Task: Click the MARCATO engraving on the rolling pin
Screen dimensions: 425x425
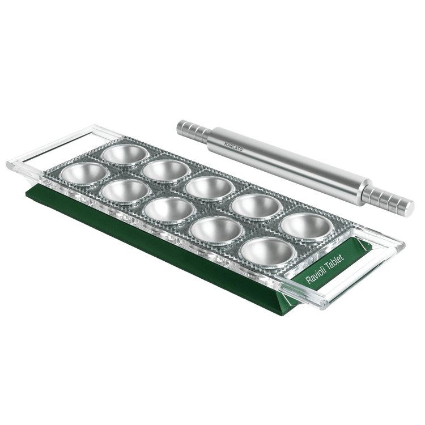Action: coord(233,147)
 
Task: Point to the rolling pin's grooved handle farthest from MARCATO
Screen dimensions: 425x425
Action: coord(388,198)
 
